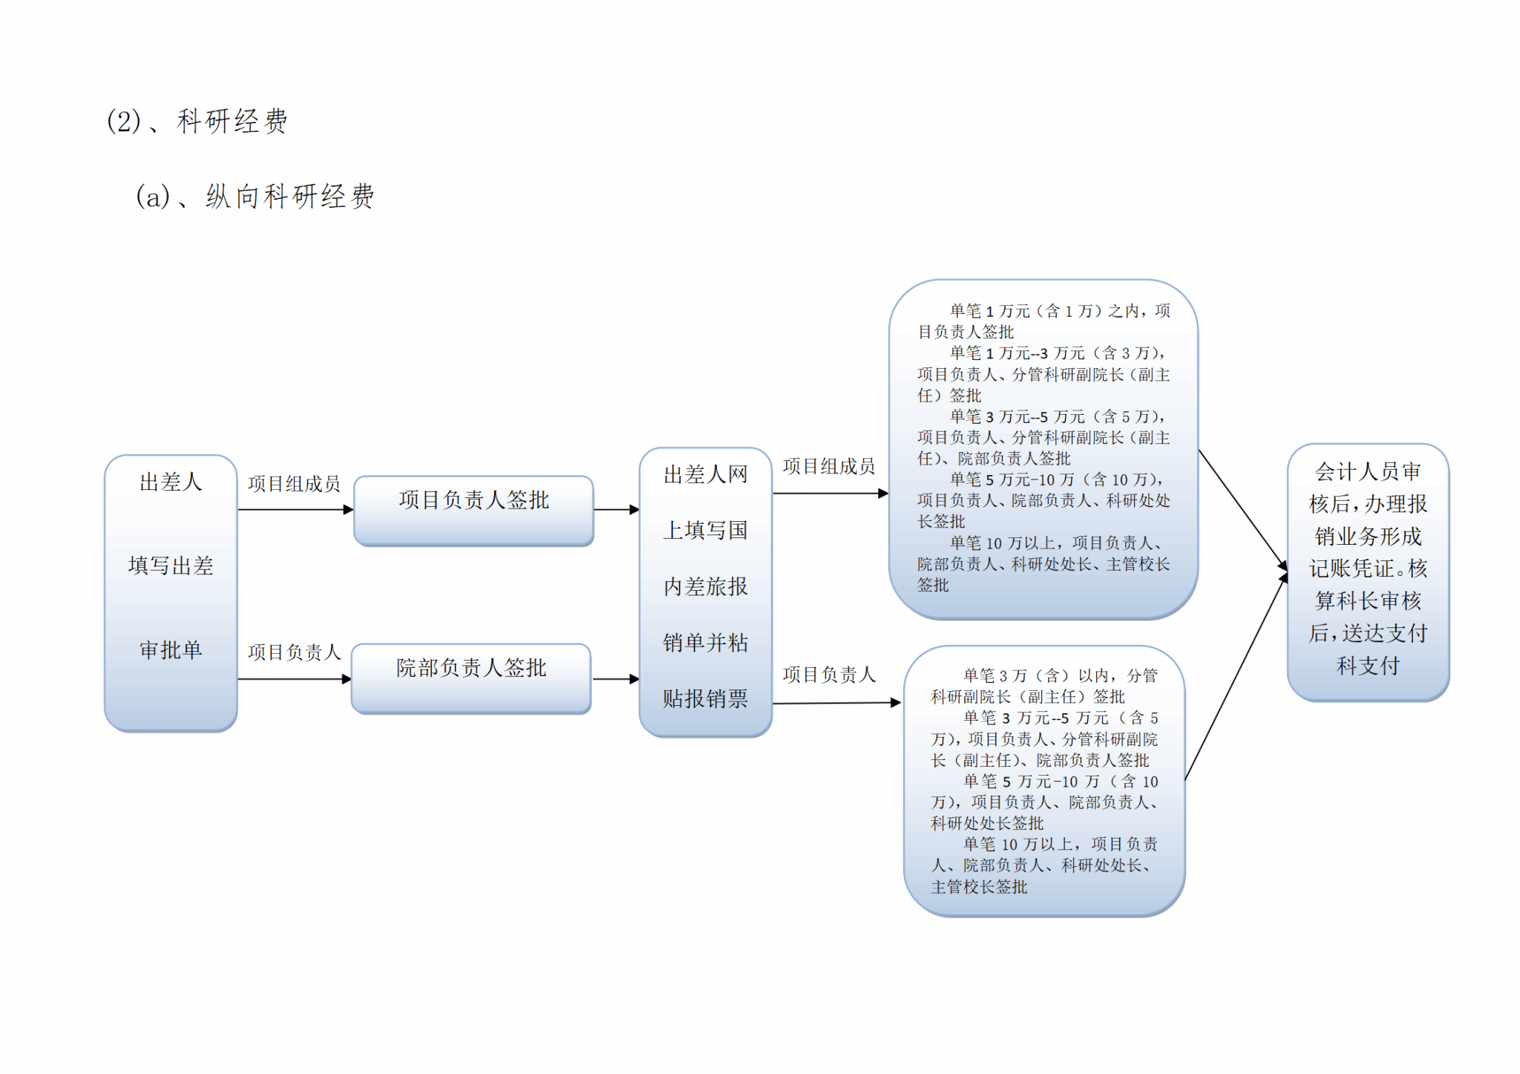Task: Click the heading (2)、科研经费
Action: click(197, 121)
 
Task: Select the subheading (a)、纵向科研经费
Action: click(255, 197)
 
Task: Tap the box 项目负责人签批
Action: click(474, 501)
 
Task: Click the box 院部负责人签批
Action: click(471, 669)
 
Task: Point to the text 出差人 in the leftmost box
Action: click(171, 482)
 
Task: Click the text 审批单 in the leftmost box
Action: click(171, 650)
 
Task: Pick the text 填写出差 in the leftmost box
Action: click(171, 566)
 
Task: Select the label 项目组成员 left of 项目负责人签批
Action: click(294, 484)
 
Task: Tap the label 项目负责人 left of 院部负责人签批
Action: click(294, 652)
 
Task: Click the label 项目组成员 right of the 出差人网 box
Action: click(829, 466)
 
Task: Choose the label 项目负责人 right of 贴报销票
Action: click(829, 675)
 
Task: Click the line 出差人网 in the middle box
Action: click(705, 475)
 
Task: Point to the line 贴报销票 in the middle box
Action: click(705, 699)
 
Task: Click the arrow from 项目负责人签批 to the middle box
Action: click(616, 510)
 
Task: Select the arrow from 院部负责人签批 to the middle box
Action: click(615, 679)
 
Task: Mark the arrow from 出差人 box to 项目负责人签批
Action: click(295, 510)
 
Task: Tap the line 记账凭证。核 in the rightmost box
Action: click(1368, 569)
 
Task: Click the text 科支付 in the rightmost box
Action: click(1368, 666)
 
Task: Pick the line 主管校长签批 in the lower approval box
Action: click(979, 887)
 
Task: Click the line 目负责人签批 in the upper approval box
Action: click(966, 332)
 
